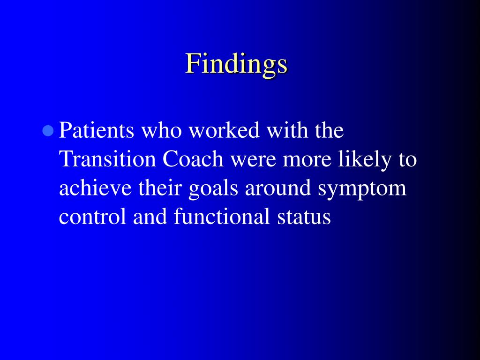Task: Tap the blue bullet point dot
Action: (x=48, y=131)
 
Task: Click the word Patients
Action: (x=97, y=130)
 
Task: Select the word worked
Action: (x=224, y=130)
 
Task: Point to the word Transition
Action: (x=107, y=159)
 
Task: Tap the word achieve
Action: (x=95, y=187)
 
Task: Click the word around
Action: (x=278, y=187)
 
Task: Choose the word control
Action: (x=92, y=216)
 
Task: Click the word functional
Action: (x=222, y=216)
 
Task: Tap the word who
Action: (x=161, y=130)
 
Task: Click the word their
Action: (x=160, y=187)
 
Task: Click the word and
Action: (x=150, y=216)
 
